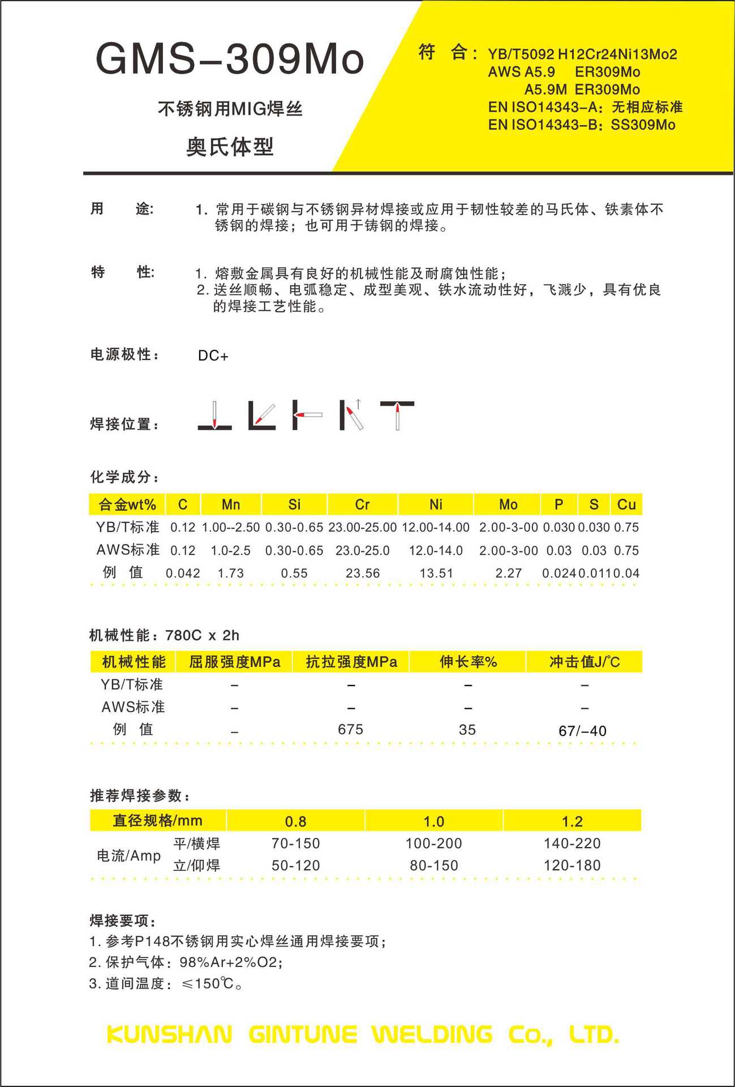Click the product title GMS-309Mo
tap(230, 59)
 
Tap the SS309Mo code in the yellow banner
tap(643, 125)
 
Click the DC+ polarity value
tap(213, 356)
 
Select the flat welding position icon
tap(214, 416)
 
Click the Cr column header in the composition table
tap(362, 504)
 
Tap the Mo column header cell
tap(508, 504)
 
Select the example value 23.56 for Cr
tap(363, 573)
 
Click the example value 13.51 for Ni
tap(436, 573)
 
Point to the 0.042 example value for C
tap(183, 573)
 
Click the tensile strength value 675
tap(351, 729)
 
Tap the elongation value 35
tap(467, 729)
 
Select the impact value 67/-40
tap(582, 731)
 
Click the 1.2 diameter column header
tap(572, 821)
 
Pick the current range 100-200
tap(434, 843)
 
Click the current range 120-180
tap(572, 865)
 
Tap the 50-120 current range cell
tap(295, 865)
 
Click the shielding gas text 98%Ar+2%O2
tap(230, 962)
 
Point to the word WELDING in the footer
tap(432, 1035)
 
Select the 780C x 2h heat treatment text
tap(203, 635)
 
